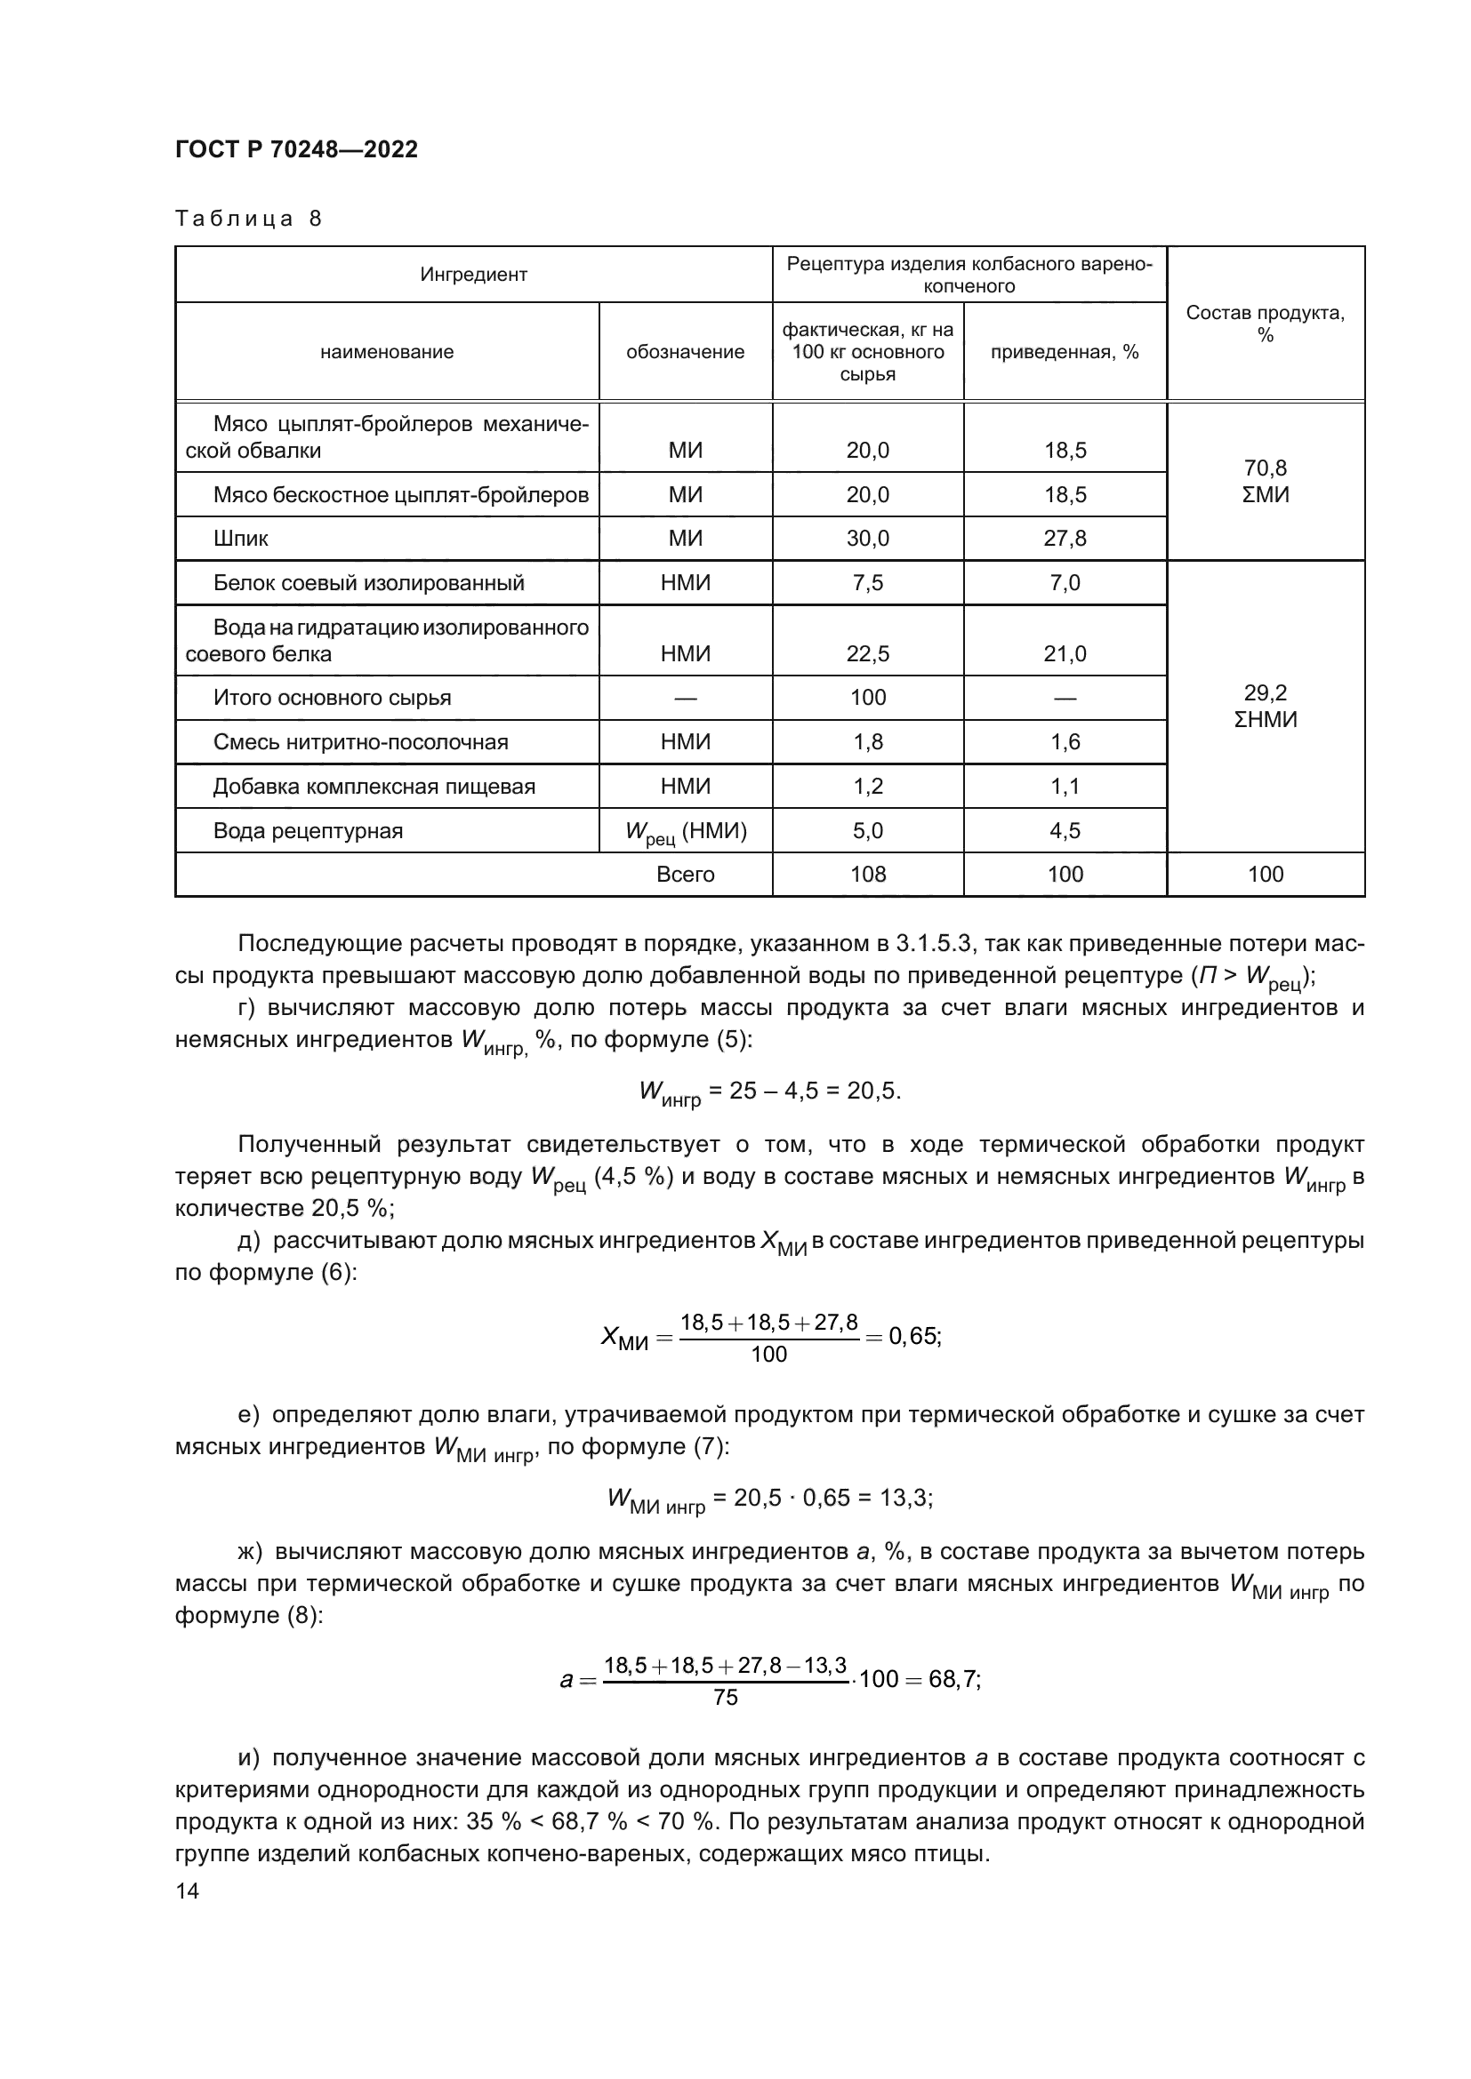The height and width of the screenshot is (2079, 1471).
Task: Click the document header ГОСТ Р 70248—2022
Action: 296,149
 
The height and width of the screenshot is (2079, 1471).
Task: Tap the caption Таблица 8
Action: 248,219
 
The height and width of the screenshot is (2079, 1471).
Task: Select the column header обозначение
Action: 685,352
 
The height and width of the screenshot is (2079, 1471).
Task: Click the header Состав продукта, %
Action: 1265,324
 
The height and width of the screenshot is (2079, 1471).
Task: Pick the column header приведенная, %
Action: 1065,352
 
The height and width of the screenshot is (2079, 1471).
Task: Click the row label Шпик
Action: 241,539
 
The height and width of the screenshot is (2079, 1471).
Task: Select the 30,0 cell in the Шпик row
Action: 867,539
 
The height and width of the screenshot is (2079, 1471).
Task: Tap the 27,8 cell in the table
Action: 1065,539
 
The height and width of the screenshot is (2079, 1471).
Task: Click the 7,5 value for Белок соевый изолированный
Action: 867,583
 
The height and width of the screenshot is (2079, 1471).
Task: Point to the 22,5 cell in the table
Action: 867,654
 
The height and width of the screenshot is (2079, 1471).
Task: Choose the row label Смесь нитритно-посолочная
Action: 360,742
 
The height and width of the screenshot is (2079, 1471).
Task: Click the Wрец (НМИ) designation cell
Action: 686,831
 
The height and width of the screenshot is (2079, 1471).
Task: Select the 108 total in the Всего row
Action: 867,875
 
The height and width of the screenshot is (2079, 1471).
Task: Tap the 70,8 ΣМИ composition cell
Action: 1265,481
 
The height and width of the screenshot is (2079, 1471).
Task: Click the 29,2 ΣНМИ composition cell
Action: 1265,707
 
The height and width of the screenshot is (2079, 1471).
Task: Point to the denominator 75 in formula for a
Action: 726,1698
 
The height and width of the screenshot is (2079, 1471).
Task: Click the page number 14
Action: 188,1891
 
